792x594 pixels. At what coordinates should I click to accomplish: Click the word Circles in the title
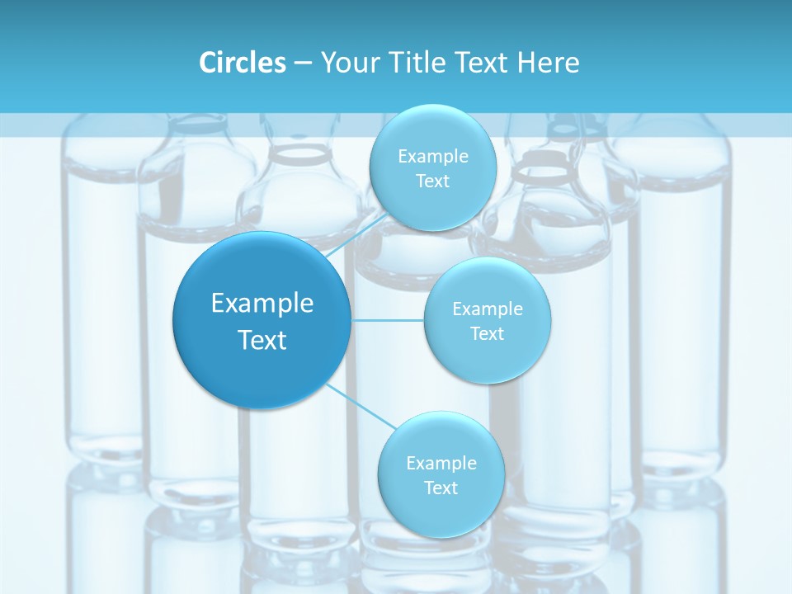pos(242,63)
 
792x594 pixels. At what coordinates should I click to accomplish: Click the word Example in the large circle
pos(262,304)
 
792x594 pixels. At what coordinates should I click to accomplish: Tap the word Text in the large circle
pos(262,340)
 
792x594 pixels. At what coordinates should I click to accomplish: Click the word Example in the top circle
pos(433,156)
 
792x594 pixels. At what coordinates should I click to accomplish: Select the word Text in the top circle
pos(432,181)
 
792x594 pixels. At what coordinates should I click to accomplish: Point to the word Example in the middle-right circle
pos(488,309)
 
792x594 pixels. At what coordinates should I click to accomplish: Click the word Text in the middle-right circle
pos(488,333)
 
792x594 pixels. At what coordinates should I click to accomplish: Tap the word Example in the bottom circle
pos(441,463)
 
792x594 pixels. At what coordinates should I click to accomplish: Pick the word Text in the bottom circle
pos(441,488)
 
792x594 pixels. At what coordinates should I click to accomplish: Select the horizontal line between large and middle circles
pos(388,320)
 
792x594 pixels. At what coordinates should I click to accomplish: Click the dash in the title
pos(303,64)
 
